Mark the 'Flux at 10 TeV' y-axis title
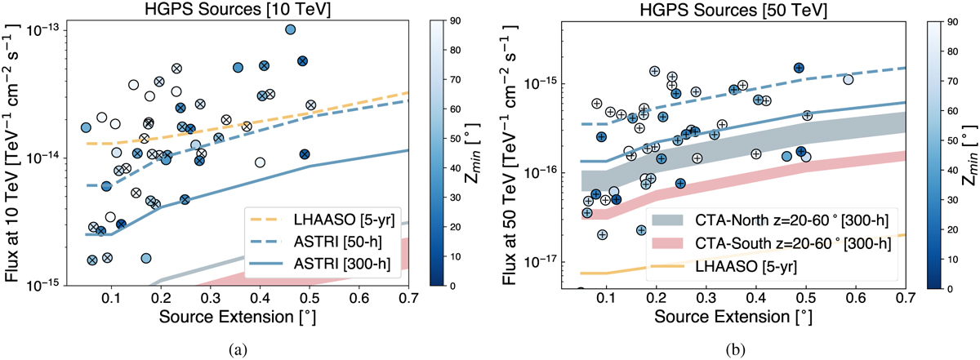(x=13, y=155)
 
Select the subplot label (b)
(x=732, y=349)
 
